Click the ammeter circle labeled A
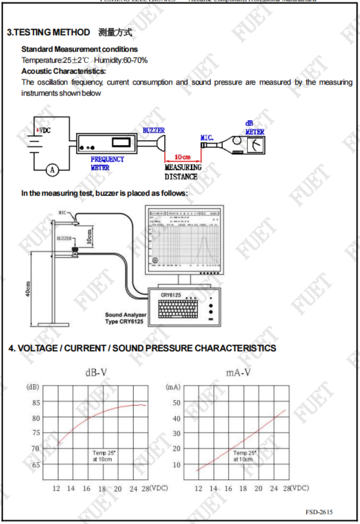click(52, 170)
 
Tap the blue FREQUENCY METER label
click(107, 162)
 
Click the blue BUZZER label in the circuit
click(154, 130)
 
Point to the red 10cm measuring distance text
click(182, 157)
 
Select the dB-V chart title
click(96, 373)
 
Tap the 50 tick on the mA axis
click(176, 402)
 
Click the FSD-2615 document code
click(319, 512)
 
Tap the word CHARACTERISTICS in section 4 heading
click(235, 348)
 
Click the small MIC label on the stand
click(62, 212)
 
